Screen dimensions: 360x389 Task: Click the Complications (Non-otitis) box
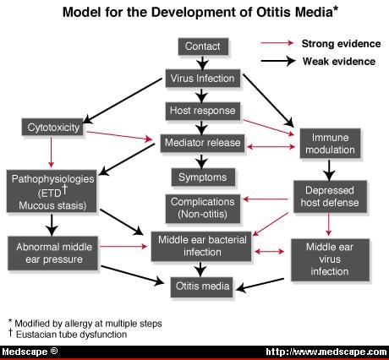(202, 208)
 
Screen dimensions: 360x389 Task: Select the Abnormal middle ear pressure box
(52, 252)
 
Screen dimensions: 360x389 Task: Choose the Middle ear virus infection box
(329, 258)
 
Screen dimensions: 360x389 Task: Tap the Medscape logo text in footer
(29, 352)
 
